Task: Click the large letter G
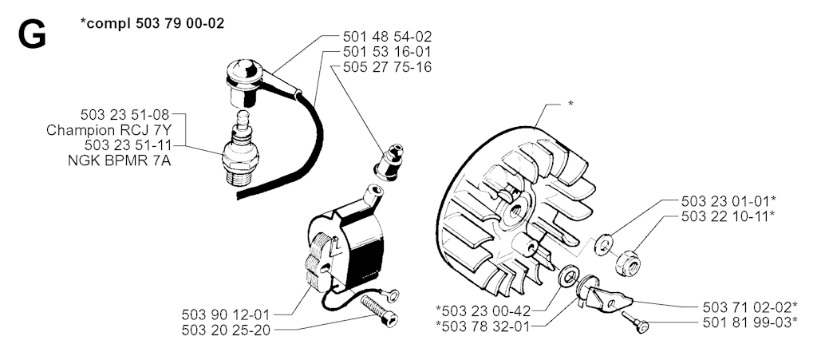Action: point(32,35)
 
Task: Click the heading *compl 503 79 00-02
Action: point(152,23)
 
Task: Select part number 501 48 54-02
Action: point(387,37)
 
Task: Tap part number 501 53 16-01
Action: point(387,52)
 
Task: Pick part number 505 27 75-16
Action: point(387,67)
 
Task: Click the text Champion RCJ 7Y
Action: point(109,130)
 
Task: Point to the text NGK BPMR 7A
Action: point(120,161)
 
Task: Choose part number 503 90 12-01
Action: point(226,315)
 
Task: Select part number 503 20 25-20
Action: point(226,330)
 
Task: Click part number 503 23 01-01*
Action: point(729,200)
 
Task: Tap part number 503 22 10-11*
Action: point(729,216)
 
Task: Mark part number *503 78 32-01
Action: point(483,326)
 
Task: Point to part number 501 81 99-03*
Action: point(750,322)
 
